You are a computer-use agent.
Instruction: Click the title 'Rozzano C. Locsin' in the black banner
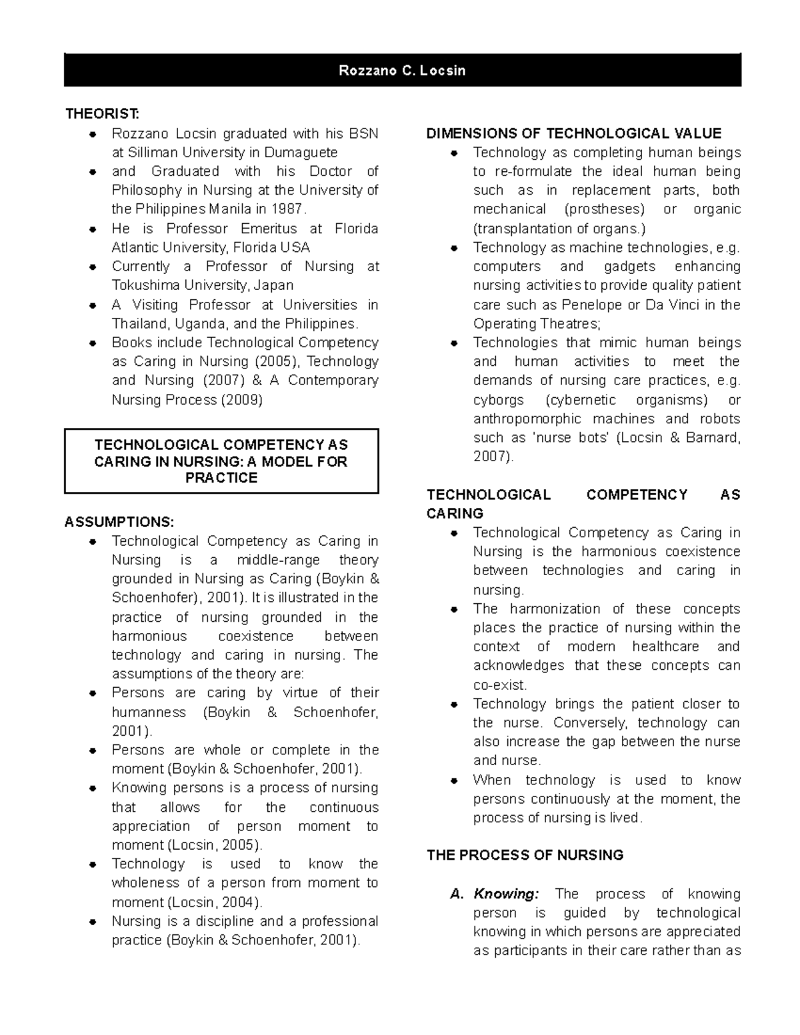pyautogui.click(x=402, y=71)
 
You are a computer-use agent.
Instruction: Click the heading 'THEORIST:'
pyautogui.click(x=102, y=114)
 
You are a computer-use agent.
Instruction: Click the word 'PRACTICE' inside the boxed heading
pyautogui.click(x=221, y=478)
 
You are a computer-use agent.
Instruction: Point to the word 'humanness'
pyautogui.click(x=149, y=712)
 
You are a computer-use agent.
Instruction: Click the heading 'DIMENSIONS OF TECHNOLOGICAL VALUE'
pyautogui.click(x=573, y=133)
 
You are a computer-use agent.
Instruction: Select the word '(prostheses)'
pyautogui.click(x=605, y=209)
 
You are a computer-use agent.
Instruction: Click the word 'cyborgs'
pyautogui.click(x=498, y=400)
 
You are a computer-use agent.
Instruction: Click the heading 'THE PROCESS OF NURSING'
pyautogui.click(x=525, y=855)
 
